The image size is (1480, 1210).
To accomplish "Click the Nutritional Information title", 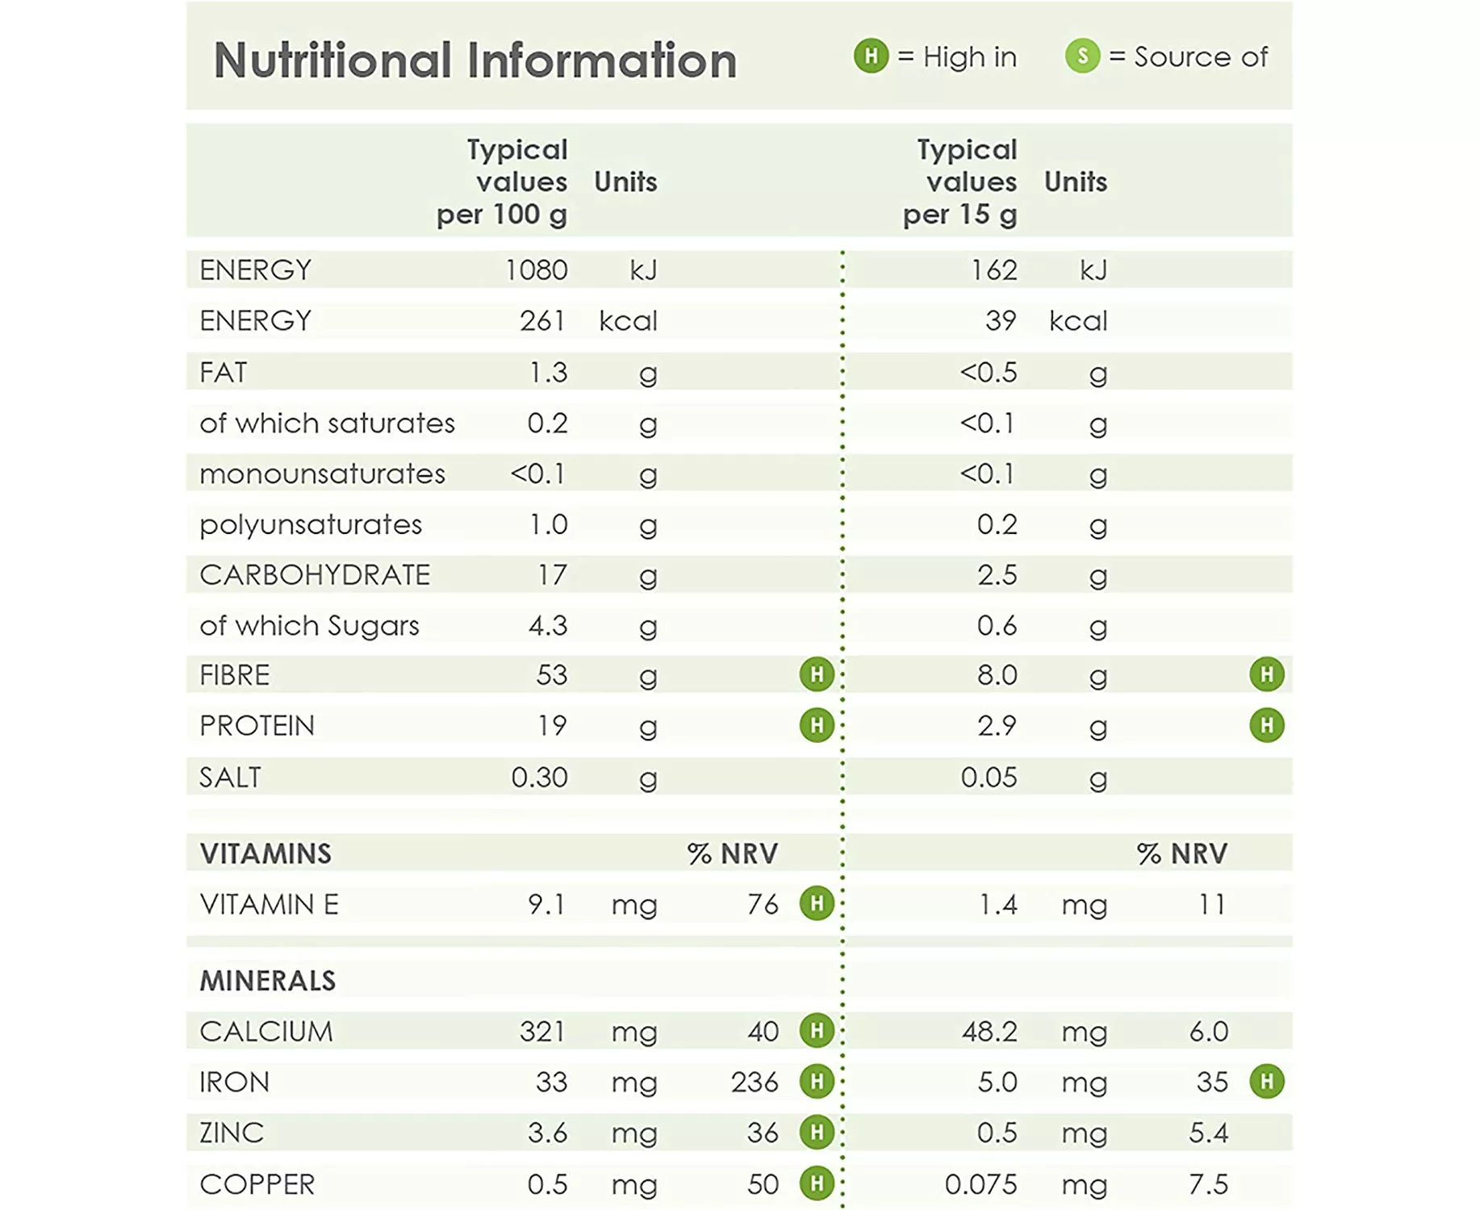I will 475,60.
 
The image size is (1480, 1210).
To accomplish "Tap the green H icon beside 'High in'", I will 871,56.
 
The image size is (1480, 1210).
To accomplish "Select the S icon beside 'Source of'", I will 1082,56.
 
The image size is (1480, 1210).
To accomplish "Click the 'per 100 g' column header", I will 502,215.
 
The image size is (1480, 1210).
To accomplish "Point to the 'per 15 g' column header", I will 959,215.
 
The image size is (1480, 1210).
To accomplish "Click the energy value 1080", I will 536,270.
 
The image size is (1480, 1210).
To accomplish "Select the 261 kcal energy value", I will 542,321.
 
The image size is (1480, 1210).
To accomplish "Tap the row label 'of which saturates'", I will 327,423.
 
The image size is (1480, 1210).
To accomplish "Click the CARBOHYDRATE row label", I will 315,575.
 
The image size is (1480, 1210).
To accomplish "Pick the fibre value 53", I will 552,675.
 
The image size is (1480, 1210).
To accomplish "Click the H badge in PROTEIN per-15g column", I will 1266,725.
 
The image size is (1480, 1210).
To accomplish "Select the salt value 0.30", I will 539,778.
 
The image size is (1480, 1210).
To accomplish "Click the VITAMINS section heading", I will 265,853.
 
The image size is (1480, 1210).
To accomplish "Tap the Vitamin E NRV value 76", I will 763,904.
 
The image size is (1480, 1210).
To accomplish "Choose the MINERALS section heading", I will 267,981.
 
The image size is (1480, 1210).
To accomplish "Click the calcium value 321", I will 541,1032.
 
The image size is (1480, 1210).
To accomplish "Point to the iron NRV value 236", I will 755,1083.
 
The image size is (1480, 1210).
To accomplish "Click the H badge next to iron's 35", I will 1266,1082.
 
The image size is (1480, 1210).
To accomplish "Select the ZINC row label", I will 232,1133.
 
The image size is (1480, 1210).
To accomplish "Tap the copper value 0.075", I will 980,1184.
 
